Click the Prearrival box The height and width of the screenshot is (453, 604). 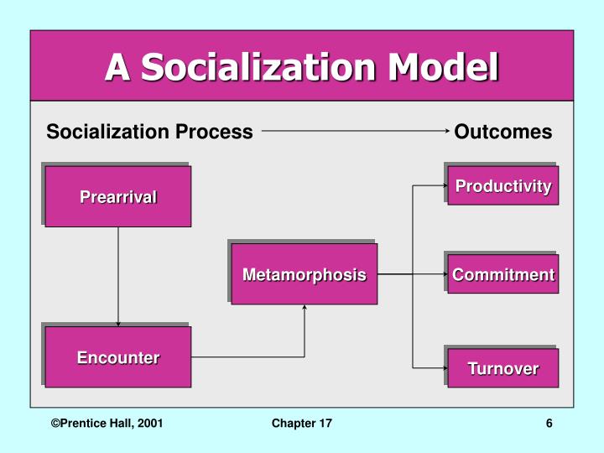118,197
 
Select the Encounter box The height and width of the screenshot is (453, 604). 118,357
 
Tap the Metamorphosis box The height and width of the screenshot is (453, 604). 305,274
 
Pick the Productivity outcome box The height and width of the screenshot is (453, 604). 503,186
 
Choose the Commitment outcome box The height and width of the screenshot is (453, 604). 503,274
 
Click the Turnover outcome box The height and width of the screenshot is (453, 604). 503,368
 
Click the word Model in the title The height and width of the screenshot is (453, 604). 445,67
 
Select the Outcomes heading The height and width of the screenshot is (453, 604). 503,132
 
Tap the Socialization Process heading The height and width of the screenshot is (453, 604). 149,132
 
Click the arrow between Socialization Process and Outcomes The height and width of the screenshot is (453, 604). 356,132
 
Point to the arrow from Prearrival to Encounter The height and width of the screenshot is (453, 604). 118,277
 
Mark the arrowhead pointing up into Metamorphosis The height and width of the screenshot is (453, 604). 305,308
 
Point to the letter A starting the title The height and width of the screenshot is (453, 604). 117,67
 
